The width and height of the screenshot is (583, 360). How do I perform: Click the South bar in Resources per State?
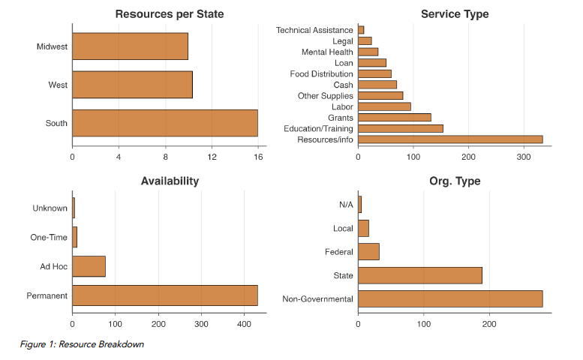(165, 123)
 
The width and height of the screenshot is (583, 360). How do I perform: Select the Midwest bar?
(130, 46)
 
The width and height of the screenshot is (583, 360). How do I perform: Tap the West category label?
(58, 85)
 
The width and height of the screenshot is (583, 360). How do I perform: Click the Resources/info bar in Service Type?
(450, 139)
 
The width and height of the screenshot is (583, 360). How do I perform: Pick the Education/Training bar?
(401, 128)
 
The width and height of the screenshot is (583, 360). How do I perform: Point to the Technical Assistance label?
(314, 30)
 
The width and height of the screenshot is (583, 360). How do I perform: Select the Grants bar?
(395, 118)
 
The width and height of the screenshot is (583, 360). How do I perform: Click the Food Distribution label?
(321, 74)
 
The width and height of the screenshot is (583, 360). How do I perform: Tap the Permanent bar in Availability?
(165, 295)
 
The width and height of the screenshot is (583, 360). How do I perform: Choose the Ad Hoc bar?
(89, 266)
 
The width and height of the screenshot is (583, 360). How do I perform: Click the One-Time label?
(49, 238)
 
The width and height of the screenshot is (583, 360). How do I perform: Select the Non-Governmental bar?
(450, 299)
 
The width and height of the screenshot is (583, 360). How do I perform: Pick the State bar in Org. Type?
(420, 275)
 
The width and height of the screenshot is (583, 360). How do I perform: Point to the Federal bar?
(368, 252)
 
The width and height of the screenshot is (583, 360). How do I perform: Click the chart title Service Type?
(455, 14)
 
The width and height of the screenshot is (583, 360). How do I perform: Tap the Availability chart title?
(170, 181)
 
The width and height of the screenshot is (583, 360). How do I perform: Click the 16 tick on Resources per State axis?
(258, 157)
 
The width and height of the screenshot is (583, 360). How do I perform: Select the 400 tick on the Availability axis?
(245, 324)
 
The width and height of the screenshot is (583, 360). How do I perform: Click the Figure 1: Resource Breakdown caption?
(82, 344)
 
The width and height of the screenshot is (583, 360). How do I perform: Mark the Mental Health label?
(327, 52)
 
